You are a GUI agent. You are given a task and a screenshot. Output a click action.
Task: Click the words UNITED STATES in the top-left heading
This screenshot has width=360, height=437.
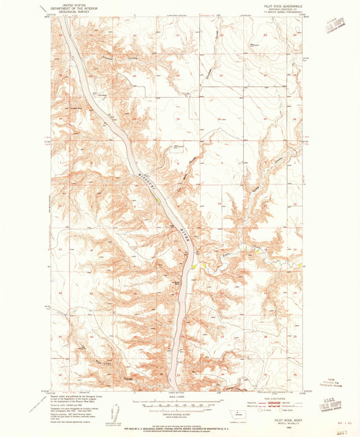(76, 3)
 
